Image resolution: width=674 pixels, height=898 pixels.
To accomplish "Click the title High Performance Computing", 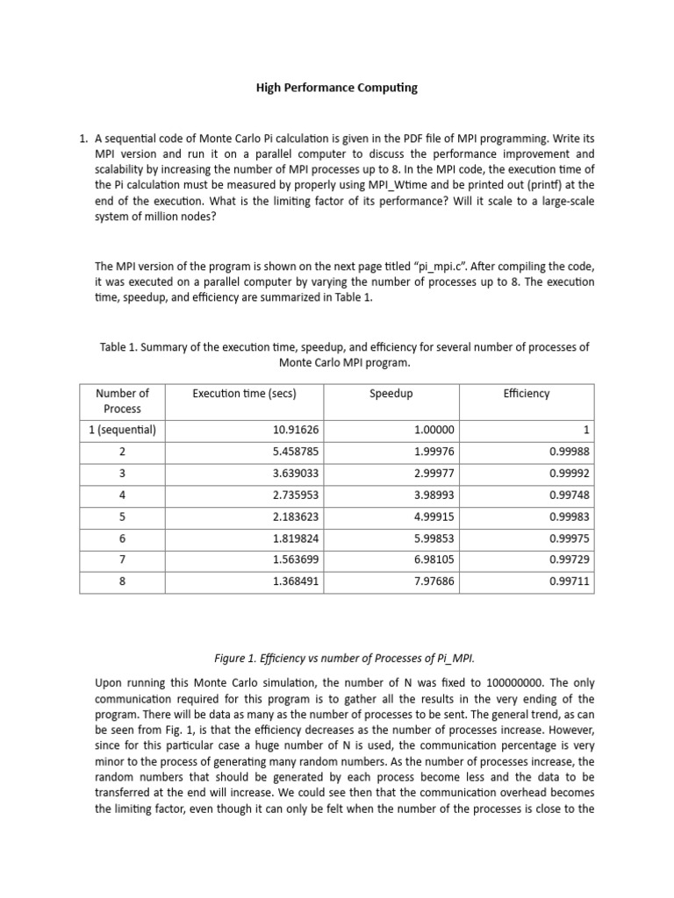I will pos(336,88).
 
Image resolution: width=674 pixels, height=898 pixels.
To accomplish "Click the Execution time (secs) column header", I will pos(244,394).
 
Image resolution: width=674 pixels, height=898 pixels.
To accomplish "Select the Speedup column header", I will pos(391,394).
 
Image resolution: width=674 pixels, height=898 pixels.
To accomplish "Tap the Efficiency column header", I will pos(526,394).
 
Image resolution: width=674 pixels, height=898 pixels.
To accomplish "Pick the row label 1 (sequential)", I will pos(122,430).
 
